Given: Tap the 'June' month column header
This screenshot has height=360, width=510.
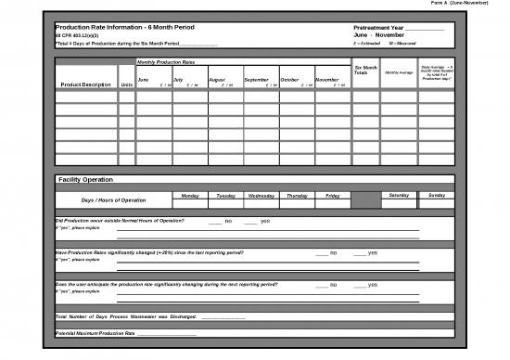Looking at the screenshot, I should click(x=143, y=80).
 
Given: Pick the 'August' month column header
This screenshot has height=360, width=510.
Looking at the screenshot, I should click(x=217, y=80).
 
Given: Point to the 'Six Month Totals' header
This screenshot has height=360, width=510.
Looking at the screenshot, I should click(x=366, y=71).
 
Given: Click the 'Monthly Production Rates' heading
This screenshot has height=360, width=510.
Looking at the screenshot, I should click(x=166, y=62).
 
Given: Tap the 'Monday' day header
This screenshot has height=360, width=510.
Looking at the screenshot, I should click(x=190, y=196).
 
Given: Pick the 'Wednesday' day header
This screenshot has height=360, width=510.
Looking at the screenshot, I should click(x=261, y=196).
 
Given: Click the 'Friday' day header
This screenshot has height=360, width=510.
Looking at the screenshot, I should click(x=333, y=196).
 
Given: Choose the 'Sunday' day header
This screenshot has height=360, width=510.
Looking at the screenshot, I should click(x=437, y=196).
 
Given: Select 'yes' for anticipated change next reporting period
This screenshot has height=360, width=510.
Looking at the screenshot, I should click(x=371, y=285).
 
